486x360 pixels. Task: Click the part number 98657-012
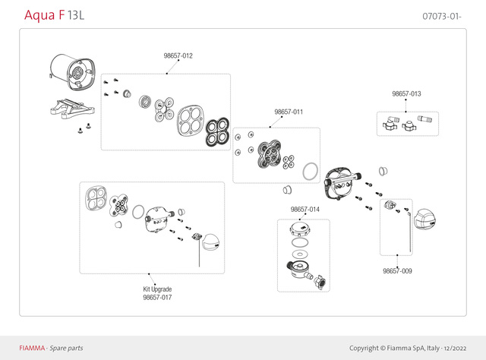[x=178, y=56]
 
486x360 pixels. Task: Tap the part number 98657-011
[x=289, y=112]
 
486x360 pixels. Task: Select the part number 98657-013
[x=406, y=93]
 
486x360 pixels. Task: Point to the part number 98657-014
[x=305, y=209]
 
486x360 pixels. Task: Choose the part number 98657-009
[x=397, y=270]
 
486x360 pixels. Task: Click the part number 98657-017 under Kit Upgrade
[x=157, y=298]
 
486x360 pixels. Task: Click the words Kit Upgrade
[x=157, y=289]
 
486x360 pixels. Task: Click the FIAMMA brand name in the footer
[x=32, y=348]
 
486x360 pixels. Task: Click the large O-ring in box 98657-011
[x=308, y=171]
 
